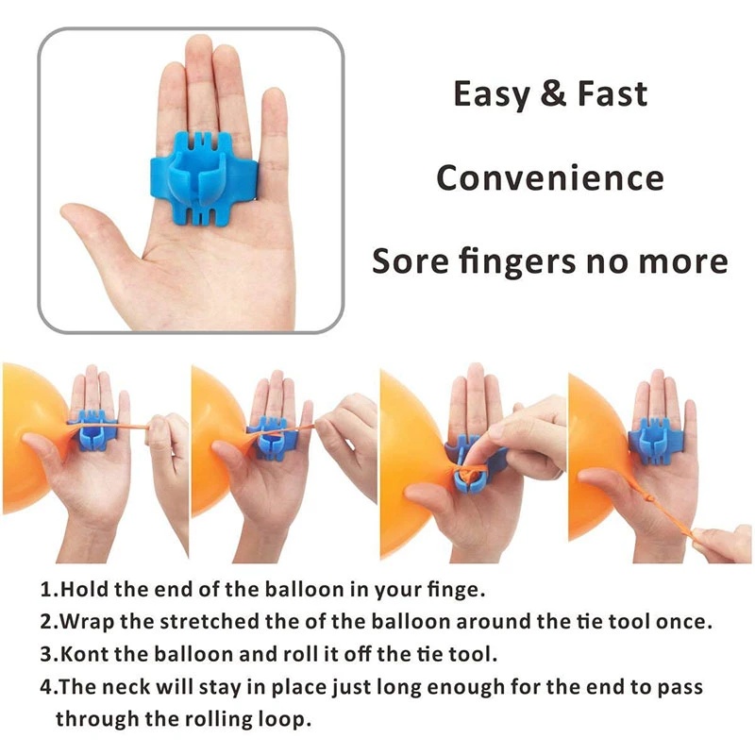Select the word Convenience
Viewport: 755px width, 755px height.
pyautogui.click(x=549, y=177)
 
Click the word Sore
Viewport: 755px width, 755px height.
pyautogui.click(x=411, y=260)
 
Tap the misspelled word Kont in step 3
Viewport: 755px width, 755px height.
pyautogui.click(x=83, y=654)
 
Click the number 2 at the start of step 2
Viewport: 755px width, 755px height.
pyautogui.click(x=45, y=622)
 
